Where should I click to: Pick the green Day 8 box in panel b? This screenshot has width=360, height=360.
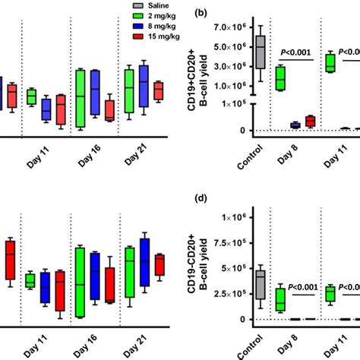[x=280, y=78]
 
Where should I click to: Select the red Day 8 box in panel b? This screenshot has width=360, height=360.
[x=310, y=121]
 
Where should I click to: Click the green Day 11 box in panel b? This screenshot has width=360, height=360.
[x=330, y=62]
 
